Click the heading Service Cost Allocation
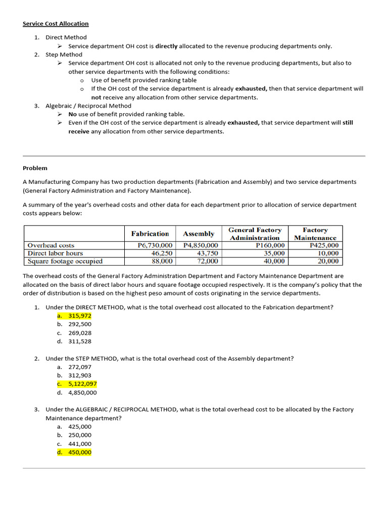[x=56, y=24]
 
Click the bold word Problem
[x=35, y=168]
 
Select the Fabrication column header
[x=150, y=234]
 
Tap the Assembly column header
[x=199, y=234]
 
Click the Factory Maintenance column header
[x=315, y=234]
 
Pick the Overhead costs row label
[x=51, y=245]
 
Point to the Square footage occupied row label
[x=65, y=261]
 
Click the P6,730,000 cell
[x=155, y=245]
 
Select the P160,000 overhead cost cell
[x=270, y=245]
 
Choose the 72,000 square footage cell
[x=207, y=261]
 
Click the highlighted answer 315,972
[x=79, y=316]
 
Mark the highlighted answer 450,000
[x=80, y=452]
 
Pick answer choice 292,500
[x=80, y=324]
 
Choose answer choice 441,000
[x=80, y=444]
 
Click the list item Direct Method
[x=66, y=37]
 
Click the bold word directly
[x=166, y=46]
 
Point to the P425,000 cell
[x=324, y=245]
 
